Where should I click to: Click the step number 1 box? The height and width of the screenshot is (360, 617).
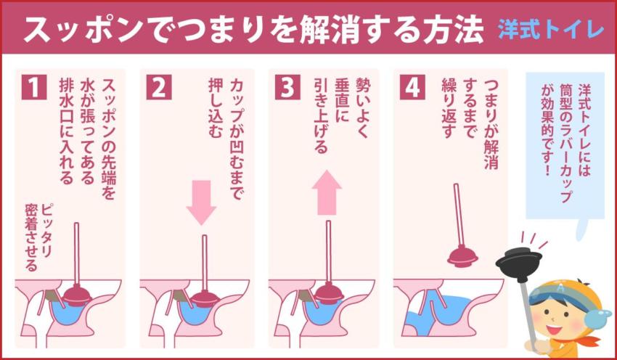pyautogui.click(x=33, y=87)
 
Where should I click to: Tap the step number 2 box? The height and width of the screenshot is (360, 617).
pyautogui.click(x=159, y=87)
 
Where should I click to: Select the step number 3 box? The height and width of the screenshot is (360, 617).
pyautogui.click(x=287, y=87)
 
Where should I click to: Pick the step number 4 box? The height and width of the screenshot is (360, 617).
pyautogui.click(x=413, y=87)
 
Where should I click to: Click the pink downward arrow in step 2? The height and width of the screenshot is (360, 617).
pyautogui.click(x=201, y=201)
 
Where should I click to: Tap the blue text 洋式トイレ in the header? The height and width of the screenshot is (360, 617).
pyautogui.click(x=551, y=30)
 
